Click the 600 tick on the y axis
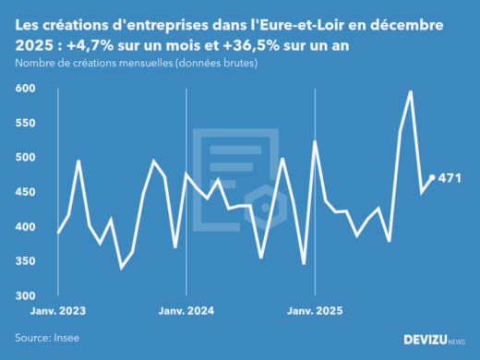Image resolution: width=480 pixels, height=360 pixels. (x=27, y=88)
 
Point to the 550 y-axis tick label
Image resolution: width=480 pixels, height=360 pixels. (x=27, y=123)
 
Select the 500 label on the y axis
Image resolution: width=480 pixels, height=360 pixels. (x=27, y=157)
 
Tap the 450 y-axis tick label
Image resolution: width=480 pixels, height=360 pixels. (x=27, y=192)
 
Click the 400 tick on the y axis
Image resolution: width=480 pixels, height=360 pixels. (x=27, y=227)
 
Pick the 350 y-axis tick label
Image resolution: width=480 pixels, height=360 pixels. (x=27, y=261)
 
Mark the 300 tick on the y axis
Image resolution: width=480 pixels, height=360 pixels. (x=27, y=295)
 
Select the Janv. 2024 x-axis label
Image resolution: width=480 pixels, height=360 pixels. (x=187, y=312)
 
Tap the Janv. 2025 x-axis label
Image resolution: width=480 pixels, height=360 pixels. (x=315, y=312)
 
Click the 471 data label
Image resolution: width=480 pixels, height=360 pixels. (x=450, y=178)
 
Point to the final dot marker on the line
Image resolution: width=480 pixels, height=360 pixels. (x=433, y=178)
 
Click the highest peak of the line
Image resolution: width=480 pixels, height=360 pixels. (x=411, y=91)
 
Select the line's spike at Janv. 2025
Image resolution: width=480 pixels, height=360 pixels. (x=315, y=141)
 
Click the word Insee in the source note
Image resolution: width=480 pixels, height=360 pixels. (x=70, y=339)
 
